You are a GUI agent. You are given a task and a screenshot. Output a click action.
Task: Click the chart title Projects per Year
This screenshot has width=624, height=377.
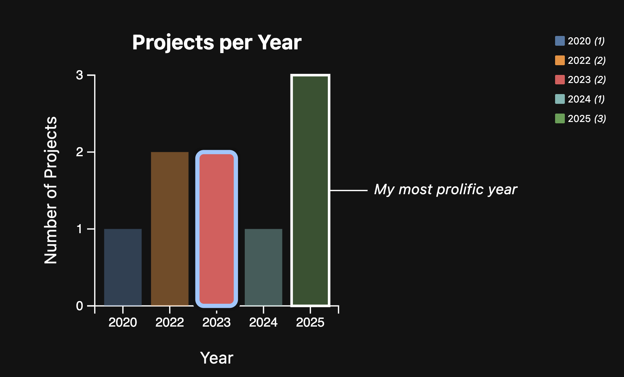tap(217, 43)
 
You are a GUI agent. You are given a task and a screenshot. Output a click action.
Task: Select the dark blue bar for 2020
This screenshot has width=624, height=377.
tap(123, 267)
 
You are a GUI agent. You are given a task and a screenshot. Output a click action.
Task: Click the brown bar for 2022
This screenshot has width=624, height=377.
tap(170, 228)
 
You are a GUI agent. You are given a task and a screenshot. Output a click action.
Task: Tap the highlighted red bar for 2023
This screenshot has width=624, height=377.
tap(217, 229)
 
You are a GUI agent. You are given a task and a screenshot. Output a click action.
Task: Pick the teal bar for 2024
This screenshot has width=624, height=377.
tap(263, 267)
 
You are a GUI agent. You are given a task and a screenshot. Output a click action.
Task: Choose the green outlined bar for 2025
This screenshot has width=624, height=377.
tap(310, 190)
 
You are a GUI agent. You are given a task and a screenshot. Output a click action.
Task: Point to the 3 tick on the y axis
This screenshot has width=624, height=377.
tap(80, 75)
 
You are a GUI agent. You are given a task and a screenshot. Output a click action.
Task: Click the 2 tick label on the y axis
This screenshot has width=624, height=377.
tap(80, 152)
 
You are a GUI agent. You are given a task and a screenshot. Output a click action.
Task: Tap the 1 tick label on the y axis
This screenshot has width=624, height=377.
tap(80, 229)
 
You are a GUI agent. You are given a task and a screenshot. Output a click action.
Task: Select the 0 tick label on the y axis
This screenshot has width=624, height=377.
tap(80, 306)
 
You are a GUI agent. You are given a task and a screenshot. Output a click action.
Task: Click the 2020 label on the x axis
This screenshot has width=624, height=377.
tap(123, 323)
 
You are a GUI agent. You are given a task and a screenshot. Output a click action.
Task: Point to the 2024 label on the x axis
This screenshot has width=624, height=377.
tap(263, 323)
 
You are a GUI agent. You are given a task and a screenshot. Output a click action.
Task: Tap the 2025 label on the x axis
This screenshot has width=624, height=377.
tap(310, 323)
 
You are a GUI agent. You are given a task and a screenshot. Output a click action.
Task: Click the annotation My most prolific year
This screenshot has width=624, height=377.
tap(445, 190)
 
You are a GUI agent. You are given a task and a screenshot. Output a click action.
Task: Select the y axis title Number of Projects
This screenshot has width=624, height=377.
tap(51, 190)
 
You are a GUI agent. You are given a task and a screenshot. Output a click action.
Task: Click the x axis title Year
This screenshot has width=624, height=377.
tap(217, 358)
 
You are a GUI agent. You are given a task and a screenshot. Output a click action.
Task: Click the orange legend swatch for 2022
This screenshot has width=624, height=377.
tap(560, 60)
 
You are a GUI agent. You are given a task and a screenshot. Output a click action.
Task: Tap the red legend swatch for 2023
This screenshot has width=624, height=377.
tap(560, 80)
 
